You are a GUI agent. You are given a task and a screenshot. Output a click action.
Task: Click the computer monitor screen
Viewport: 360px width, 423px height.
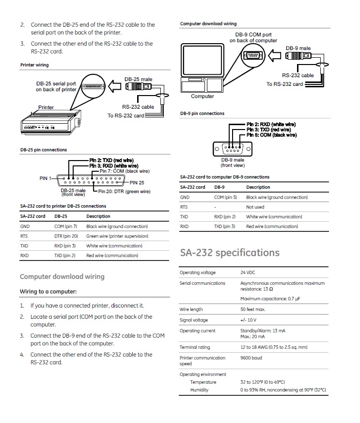click(x=203, y=60)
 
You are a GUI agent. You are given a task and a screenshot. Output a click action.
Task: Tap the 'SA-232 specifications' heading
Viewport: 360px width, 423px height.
click(x=230, y=253)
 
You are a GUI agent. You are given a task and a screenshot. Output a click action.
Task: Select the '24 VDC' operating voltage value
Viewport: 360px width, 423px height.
click(x=248, y=273)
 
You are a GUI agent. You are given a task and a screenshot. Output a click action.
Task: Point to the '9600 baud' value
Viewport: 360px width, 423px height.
click(x=251, y=358)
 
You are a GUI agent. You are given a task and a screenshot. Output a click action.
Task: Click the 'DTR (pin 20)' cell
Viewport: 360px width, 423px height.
click(x=66, y=236)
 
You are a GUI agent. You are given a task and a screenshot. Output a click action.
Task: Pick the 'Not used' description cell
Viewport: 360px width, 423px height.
click(x=255, y=207)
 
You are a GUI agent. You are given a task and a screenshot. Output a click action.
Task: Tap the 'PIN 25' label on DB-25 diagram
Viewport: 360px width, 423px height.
click(x=137, y=182)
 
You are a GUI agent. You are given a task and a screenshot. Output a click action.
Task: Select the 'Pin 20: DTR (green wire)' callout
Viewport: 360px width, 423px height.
click(x=124, y=192)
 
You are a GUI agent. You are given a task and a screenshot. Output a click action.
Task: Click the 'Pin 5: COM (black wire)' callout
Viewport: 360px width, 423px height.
click(x=272, y=135)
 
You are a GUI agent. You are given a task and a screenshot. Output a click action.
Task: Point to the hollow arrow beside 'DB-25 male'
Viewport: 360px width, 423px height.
click(x=114, y=86)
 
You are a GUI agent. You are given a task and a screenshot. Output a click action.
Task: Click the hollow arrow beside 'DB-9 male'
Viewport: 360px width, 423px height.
click(x=275, y=56)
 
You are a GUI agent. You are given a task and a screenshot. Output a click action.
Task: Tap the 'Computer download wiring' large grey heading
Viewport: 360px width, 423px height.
click(x=62, y=277)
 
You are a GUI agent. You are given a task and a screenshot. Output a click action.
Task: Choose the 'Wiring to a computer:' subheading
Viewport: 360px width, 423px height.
click(x=48, y=292)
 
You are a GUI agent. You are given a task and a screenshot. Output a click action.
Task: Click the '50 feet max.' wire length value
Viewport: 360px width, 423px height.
click(x=253, y=309)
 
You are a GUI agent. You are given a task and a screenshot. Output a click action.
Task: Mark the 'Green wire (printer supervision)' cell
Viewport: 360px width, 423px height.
click(x=117, y=236)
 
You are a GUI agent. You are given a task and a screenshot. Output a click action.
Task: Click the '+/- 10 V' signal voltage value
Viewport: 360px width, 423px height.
click(x=249, y=320)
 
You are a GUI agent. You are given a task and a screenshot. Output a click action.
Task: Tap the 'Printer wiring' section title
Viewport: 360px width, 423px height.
click(x=34, y=65)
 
